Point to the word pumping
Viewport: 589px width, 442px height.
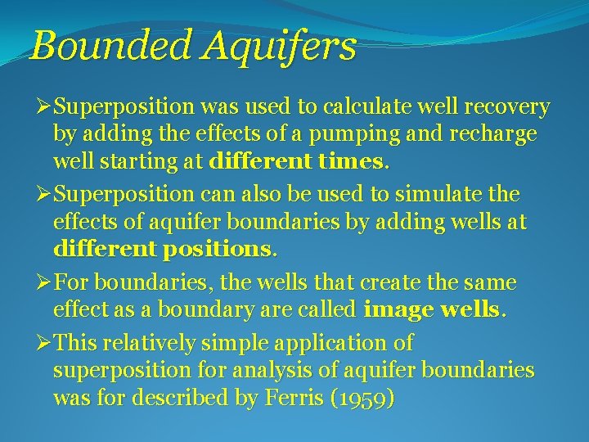[x=350, y=133]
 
